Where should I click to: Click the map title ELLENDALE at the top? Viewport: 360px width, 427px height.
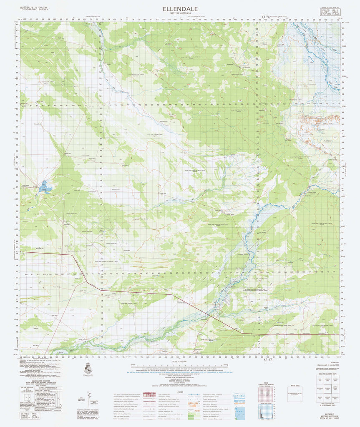[x=180, y=8]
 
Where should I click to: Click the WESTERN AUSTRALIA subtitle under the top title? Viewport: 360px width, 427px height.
[x=180, y=14]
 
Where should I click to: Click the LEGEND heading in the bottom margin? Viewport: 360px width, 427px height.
[x=180, y=392]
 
